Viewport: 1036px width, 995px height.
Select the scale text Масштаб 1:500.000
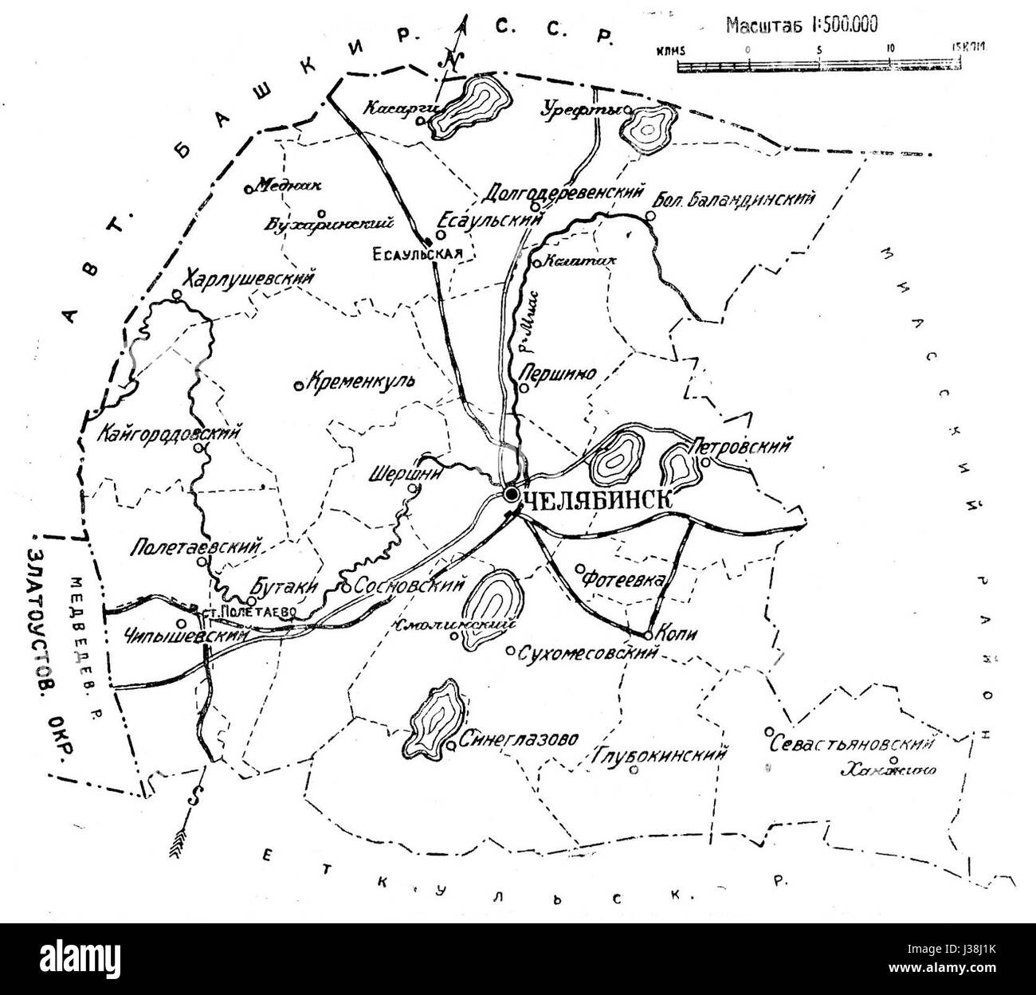click(801, 25)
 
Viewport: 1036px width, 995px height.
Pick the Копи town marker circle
click(649, 635)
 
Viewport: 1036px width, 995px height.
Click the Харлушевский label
click(249, 280)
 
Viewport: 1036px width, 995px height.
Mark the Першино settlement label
click(558, 374)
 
